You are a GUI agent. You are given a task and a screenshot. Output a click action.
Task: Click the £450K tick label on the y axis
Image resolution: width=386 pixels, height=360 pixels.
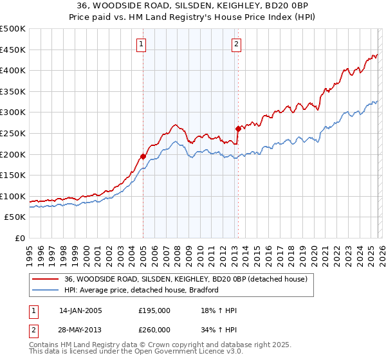click(x=13, y=50)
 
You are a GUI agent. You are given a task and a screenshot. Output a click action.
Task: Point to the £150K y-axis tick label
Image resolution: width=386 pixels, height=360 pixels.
click(x=13, y=175)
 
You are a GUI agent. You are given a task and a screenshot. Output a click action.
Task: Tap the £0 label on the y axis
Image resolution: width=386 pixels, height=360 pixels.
click(x=19, y=238)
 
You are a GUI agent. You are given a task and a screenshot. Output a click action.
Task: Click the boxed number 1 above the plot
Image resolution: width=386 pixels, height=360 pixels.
click(x=141, y=44)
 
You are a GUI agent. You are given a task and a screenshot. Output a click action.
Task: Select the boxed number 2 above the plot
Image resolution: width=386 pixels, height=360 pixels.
click(x=236, y=44)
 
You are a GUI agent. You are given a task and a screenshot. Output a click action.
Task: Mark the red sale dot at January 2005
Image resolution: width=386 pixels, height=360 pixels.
click(x=143, y=156)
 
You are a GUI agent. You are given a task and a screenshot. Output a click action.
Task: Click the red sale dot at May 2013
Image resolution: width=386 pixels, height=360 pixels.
click(x=238, y=129)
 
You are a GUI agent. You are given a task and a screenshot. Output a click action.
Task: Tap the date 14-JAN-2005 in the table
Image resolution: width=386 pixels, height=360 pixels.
click(x=80, y=310)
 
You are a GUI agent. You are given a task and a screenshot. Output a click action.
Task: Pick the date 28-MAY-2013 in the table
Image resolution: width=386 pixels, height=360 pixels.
click(x=80, y=329)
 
